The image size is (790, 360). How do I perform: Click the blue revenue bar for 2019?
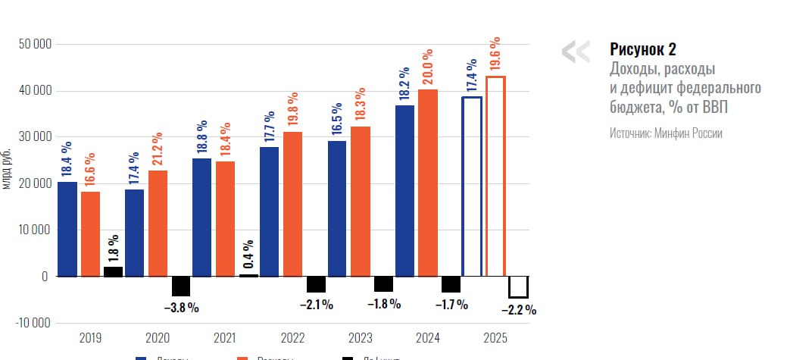click(x=67, y=229)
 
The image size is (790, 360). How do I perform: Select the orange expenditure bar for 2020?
click(x=158, y=224)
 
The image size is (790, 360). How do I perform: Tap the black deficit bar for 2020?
click(x=181, y=286)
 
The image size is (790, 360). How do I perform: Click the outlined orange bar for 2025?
click(x=495, y=176)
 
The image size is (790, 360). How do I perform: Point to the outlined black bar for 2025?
click(x=518, y=287)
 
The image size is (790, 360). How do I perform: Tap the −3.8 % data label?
click(x=181, y=308)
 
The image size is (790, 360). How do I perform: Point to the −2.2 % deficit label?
click(x=519, y=309)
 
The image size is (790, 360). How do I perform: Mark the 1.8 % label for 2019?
click(x=114, y=248)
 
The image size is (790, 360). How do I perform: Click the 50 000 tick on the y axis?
click(x=34, y=44)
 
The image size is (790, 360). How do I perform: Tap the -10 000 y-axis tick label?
click(x=33, y=323)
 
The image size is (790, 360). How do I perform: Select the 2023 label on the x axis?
click(x=360, y=338)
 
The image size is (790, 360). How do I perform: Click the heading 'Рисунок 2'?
click(x=642, y=50)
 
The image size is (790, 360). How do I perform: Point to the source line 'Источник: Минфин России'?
click(x=666, y=133)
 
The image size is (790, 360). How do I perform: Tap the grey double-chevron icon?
click(x=575, y=51)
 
